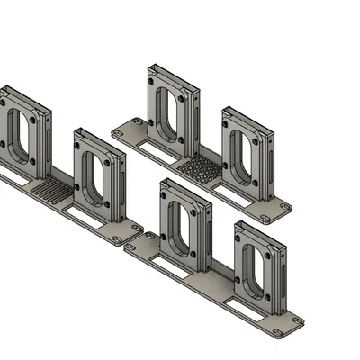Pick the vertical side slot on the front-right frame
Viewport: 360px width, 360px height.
pyautogui.click(x=284, y=274)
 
